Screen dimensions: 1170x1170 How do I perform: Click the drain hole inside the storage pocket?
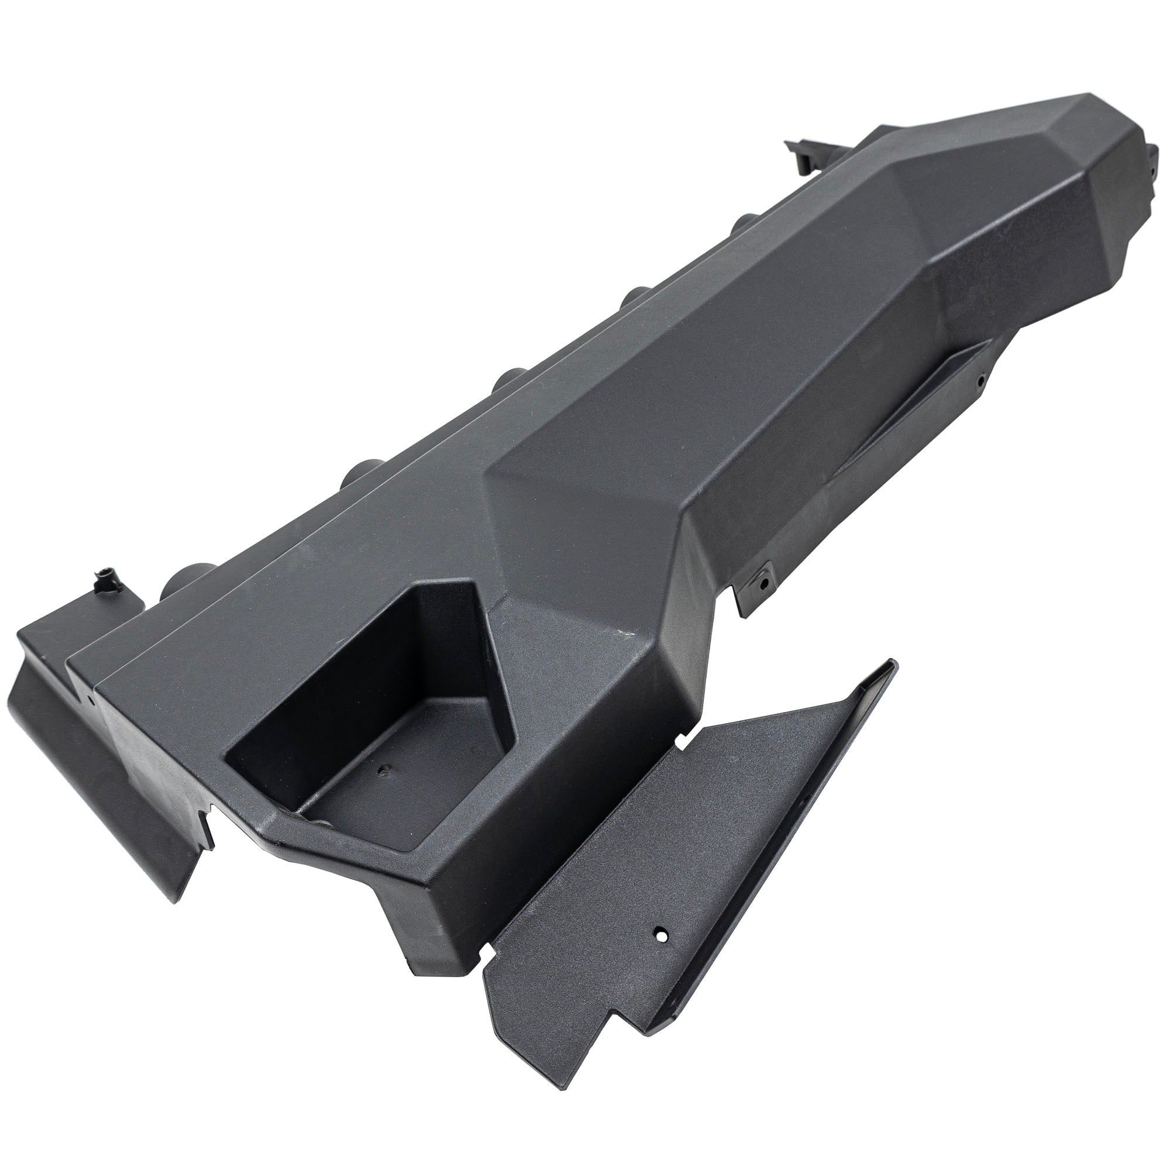coord(382,772)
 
